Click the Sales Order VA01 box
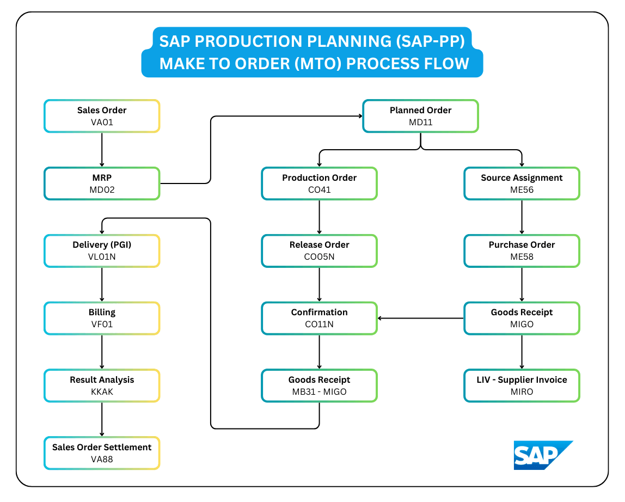[102, 116]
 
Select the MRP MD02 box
[102, 183]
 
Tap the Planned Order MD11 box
[420, 116]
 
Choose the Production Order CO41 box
[319, 183]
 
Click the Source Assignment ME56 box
[522, 183]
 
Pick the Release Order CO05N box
[319, 250]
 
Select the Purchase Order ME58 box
[522, 250]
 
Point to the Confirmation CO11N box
[319, 318]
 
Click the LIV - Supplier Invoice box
[522, 385]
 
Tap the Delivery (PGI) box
[102, 250]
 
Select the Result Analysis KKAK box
[102, 385]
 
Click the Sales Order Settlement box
[102, 453]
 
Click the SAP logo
[542, 455]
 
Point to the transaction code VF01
[102, 325]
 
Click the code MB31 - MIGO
[319, 392]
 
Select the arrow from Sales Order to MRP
[102, 150]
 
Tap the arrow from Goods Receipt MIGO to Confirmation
[420, 318]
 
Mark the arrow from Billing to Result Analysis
[102, 352]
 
